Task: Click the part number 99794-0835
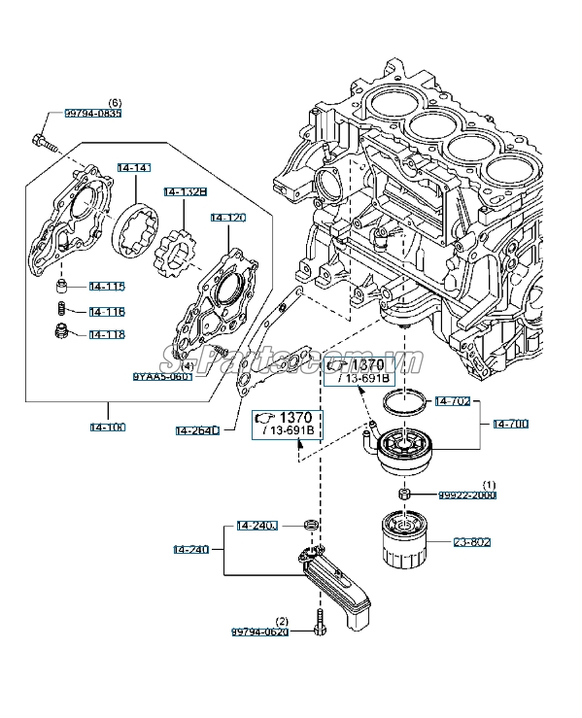(x=93, y=114)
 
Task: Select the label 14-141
(x=134, y=168)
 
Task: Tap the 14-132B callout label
(x=185, y=192)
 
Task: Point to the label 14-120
(x=227, y=218)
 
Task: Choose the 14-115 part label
(x=107, y=287)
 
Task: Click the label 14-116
(x=107, y=311)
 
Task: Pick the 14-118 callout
(x=107, y=334)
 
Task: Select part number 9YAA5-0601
(x=162, y=376)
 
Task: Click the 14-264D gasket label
(x=197, y=429)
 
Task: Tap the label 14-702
(x=453, y=400)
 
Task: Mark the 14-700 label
(x=511, y=424)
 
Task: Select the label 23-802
(x=473, y=542)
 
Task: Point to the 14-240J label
(x=257, y=527)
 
